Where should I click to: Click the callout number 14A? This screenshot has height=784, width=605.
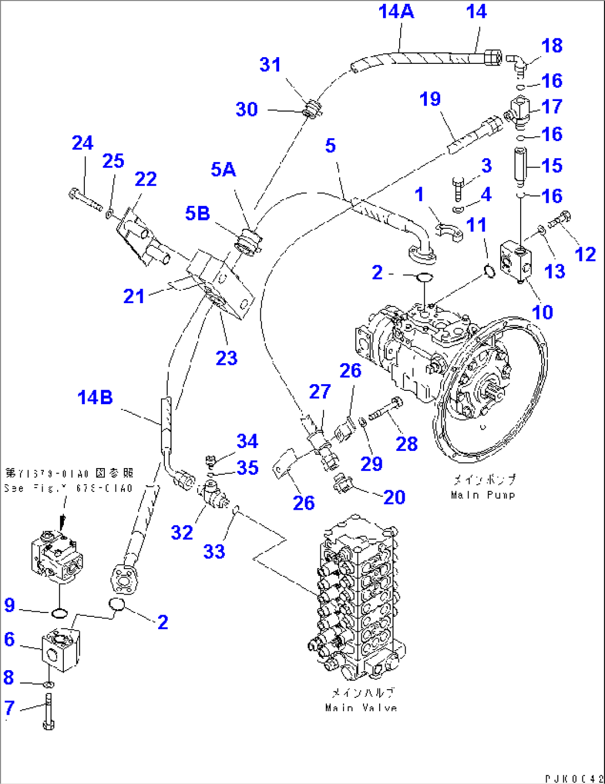(x=396, y=11)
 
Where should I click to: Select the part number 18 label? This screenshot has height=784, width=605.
(x=552, y=46)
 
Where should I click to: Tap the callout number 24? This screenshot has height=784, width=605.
(x=82, y=143)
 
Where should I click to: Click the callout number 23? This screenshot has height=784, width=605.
(x=226, y=358)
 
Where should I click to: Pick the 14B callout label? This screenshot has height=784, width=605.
(x=95, y=398)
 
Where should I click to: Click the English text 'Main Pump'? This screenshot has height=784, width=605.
(x=483, y=495)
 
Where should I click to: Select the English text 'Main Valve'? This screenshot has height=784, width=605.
(x=361, y=708)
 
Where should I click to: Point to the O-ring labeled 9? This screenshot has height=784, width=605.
(x=59, y=613)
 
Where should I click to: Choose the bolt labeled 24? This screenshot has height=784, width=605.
(x=86, y=200)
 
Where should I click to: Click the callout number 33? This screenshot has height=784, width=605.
(x=214, y=551)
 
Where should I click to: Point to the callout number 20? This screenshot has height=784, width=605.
(x=394, y=497)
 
